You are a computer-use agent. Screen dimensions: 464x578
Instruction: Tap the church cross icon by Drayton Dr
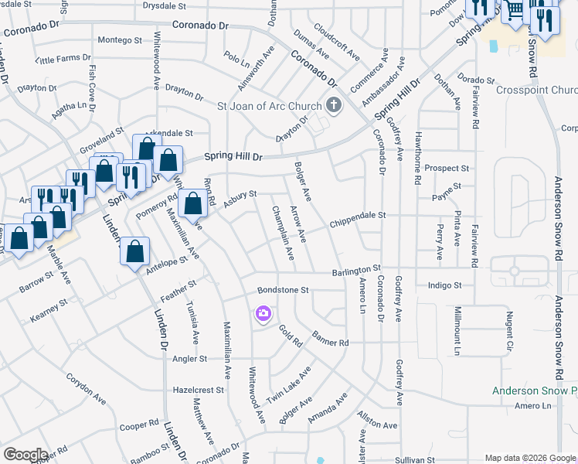pyautogui.click(x=334, y=105)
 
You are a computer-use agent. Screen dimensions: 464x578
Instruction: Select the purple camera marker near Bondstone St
pyautogui.click(x=263, y=313)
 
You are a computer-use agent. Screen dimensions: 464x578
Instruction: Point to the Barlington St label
pyautogui.click(x=357, y=269)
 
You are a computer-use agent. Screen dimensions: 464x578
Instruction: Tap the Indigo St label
pyautogui.click(x=444, y=285)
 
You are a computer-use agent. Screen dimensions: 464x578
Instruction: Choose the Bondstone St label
pyautogui.click(x=283, y=290)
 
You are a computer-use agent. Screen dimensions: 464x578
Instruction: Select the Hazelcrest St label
pyautogui.click(x=199, y=391)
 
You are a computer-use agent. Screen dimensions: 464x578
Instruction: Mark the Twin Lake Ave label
pyautogui.click(x=288, y=385)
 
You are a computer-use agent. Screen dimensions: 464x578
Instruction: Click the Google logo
pyautogui.click(x=25, y=454)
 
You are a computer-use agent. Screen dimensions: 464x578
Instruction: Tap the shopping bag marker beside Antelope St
pyautogui.click(x=135, y=251)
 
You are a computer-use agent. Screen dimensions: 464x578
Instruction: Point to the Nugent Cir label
pyautogui.click(x=509, y=330)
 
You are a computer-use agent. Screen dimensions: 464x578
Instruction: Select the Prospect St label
pyautogui.click(x=447, y=168)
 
